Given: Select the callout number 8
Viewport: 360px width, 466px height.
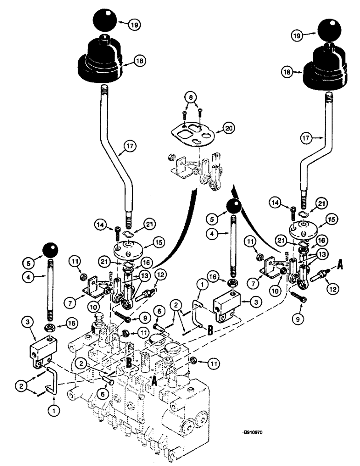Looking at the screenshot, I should (x=190, y=98).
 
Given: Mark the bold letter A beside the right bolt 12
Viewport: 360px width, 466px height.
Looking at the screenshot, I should (x=339, y=264).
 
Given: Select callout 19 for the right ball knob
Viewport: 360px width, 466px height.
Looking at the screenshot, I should (x=296, y=35).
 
